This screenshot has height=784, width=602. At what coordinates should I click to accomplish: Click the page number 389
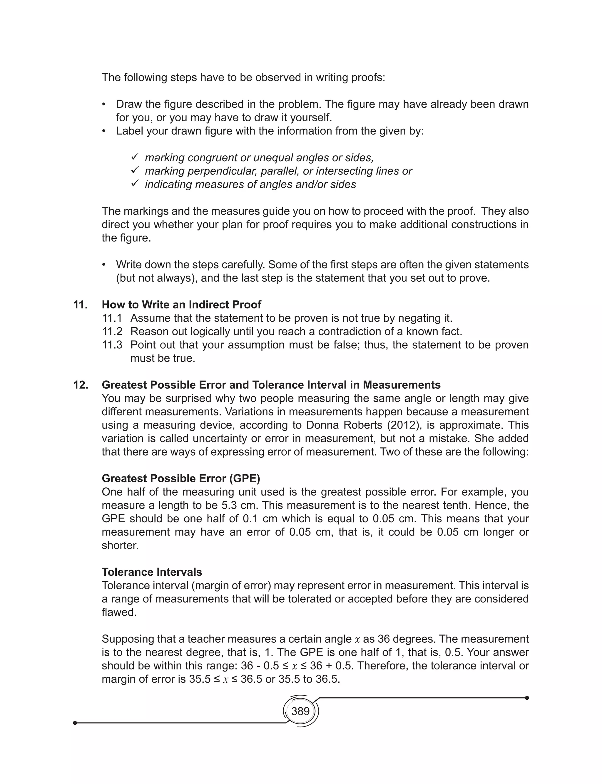point(300,711)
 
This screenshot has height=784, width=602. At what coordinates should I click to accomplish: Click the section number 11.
point(80,305)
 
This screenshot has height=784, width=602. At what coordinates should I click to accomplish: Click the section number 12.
point(80,385)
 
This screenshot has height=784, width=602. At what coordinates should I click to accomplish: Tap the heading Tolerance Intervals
point(152,572)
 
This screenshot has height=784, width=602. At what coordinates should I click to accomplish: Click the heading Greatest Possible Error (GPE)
point(181,478)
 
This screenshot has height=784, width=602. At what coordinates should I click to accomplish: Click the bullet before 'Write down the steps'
point(104,265)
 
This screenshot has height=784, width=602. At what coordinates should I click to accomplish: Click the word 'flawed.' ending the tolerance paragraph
point(119,612)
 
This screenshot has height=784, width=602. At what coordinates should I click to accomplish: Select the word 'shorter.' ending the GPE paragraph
point(120,545)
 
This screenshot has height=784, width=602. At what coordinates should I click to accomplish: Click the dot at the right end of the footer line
point(527,698)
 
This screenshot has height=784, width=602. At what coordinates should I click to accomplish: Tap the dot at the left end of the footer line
point(75,723)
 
